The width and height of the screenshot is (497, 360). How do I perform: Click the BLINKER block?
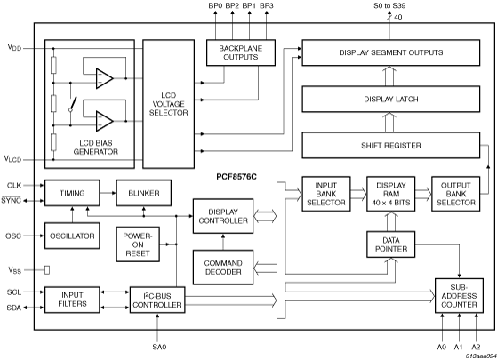click(x=144, y=193)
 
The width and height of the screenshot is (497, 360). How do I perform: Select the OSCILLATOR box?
click(x=72, y=236)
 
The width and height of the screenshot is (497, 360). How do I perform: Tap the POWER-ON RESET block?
click(x=138, y=244)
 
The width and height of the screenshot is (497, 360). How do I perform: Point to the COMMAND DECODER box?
click(x=223, y=268)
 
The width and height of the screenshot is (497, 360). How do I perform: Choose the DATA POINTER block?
click(x=391, y=244)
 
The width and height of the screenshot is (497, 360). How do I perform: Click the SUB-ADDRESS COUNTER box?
click(x=459, y=296)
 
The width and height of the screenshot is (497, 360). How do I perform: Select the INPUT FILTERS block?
click(x=72, y=300)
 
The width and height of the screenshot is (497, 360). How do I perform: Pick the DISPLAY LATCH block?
click(x=391, y=99)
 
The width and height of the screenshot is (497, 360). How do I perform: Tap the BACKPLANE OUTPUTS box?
click(x=241, y=52)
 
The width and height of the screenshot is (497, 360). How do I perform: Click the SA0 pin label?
click(x=159, y=347)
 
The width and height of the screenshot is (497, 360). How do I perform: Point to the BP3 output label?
click(x=267, y=5)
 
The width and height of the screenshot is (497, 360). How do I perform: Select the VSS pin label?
click(x=14, y=270)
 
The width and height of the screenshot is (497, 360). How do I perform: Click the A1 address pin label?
click(x=459, y=347)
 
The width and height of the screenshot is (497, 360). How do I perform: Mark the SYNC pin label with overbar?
click(x=11, y=200)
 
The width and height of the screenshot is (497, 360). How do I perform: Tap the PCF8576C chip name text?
click(x=236, y=177)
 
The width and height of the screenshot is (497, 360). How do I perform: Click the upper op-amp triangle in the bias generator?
click(x=105, y=78)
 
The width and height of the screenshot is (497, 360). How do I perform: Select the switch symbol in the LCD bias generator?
click(x=73, y=104)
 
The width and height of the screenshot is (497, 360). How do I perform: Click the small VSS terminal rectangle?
click(x=47, y=270)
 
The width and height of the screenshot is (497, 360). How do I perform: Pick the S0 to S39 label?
click(x=389, y=5)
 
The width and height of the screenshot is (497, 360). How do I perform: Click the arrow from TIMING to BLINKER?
click(x=108, y=193)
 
